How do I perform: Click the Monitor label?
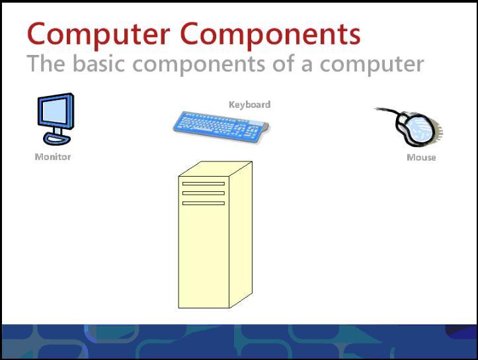click(53, 157)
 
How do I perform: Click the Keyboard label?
click(249, 105)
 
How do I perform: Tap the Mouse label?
click(421, 157)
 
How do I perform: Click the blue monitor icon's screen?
click(55, 112)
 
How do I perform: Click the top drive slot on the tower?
click(203, 183)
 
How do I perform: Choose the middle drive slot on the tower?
click(203, 193)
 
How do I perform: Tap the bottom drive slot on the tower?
click(203, 203)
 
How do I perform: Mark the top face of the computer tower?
click(216, 168)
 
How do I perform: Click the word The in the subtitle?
click(46, 64)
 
